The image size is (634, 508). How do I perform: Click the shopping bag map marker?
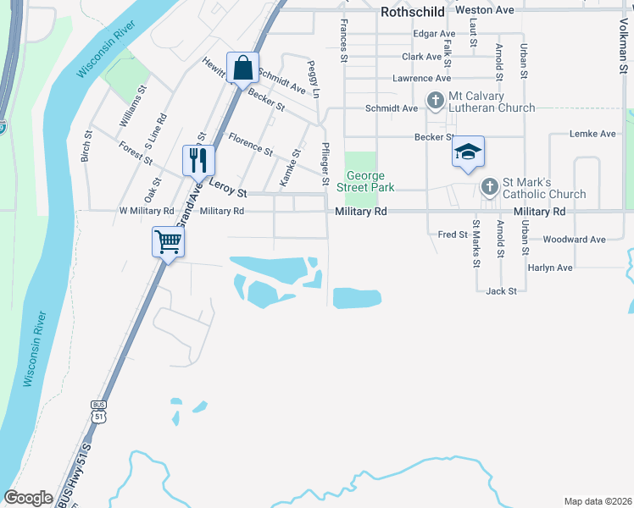(x=242, y=69)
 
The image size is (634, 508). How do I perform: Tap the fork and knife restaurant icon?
(x=198, y=159)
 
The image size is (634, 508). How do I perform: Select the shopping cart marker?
(x=167, y=242)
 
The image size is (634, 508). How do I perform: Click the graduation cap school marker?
(x=467, y=152)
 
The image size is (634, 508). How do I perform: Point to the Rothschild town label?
(x=413, y=11)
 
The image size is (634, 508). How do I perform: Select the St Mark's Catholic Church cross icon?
(x=489, y=187)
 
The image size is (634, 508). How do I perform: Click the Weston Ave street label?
(x=485, y=10)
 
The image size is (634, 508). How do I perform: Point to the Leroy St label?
(x=227, y=193)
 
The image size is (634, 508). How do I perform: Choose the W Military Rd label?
(x=147, y=211)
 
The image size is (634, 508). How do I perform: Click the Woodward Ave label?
(x=574, y=240)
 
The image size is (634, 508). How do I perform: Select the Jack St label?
(x=501, y=291)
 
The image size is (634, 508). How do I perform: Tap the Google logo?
(x=28, y=498)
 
